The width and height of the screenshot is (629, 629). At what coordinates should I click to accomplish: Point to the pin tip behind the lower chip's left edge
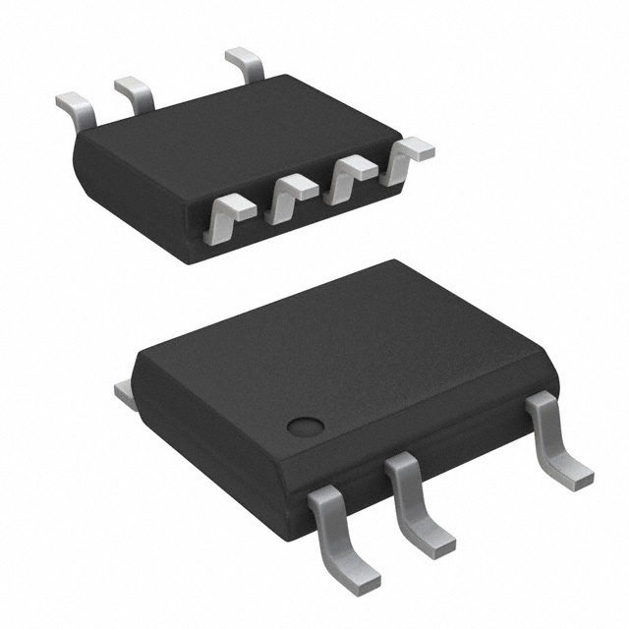click(x=125, y=393)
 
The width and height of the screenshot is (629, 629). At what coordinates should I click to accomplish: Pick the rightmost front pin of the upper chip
click(x=408, y=157)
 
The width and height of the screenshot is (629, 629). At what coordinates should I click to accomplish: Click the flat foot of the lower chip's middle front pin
click(x=432, y=540)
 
